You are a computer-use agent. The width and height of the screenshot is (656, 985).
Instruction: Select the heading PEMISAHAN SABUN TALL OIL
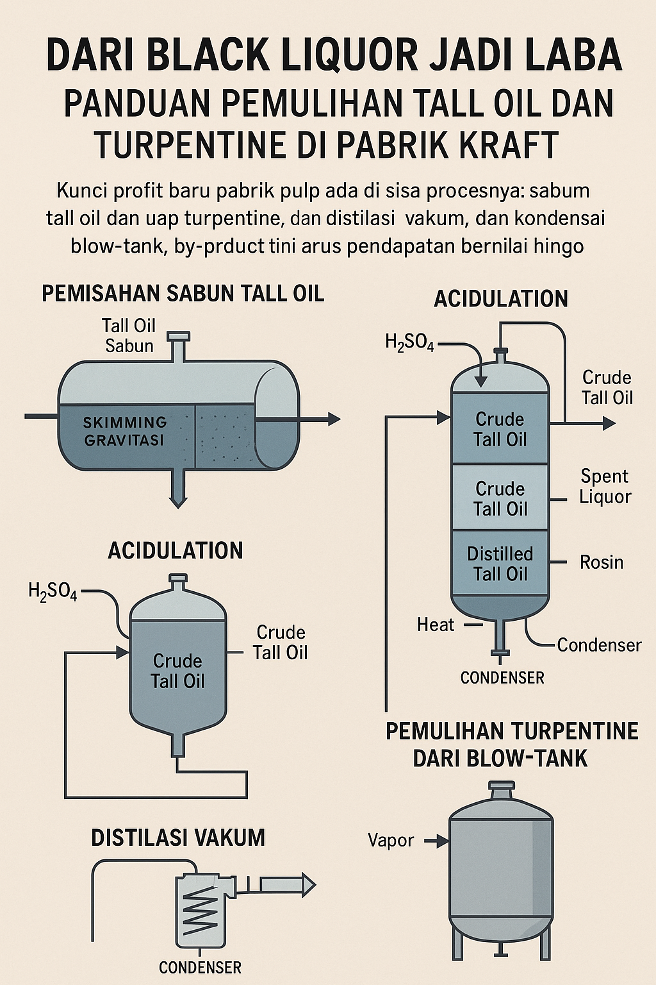click(x=183, y=294)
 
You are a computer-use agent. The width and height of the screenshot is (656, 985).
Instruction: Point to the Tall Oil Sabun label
click(x=129, y=335)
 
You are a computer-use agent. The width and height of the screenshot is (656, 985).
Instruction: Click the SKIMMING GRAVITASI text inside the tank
click(x=125, y=431)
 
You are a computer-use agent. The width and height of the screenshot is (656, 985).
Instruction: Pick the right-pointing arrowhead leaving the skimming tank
click(x=333, y=419)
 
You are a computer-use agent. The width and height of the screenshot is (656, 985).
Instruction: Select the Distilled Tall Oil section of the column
click(x=500, y=564)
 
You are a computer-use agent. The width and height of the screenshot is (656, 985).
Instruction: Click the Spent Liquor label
click(x=605, y=486)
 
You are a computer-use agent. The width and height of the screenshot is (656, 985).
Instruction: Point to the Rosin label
click(x=601, y=562)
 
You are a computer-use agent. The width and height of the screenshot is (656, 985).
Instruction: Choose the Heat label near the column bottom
click(x=436, y=625)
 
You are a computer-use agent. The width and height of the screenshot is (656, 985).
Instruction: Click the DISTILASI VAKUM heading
click(x=178, y=838)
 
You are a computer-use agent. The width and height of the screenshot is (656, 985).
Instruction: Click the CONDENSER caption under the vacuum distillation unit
click(x=200, y=968)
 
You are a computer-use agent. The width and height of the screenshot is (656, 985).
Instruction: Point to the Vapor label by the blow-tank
click(x=391, y=840)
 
